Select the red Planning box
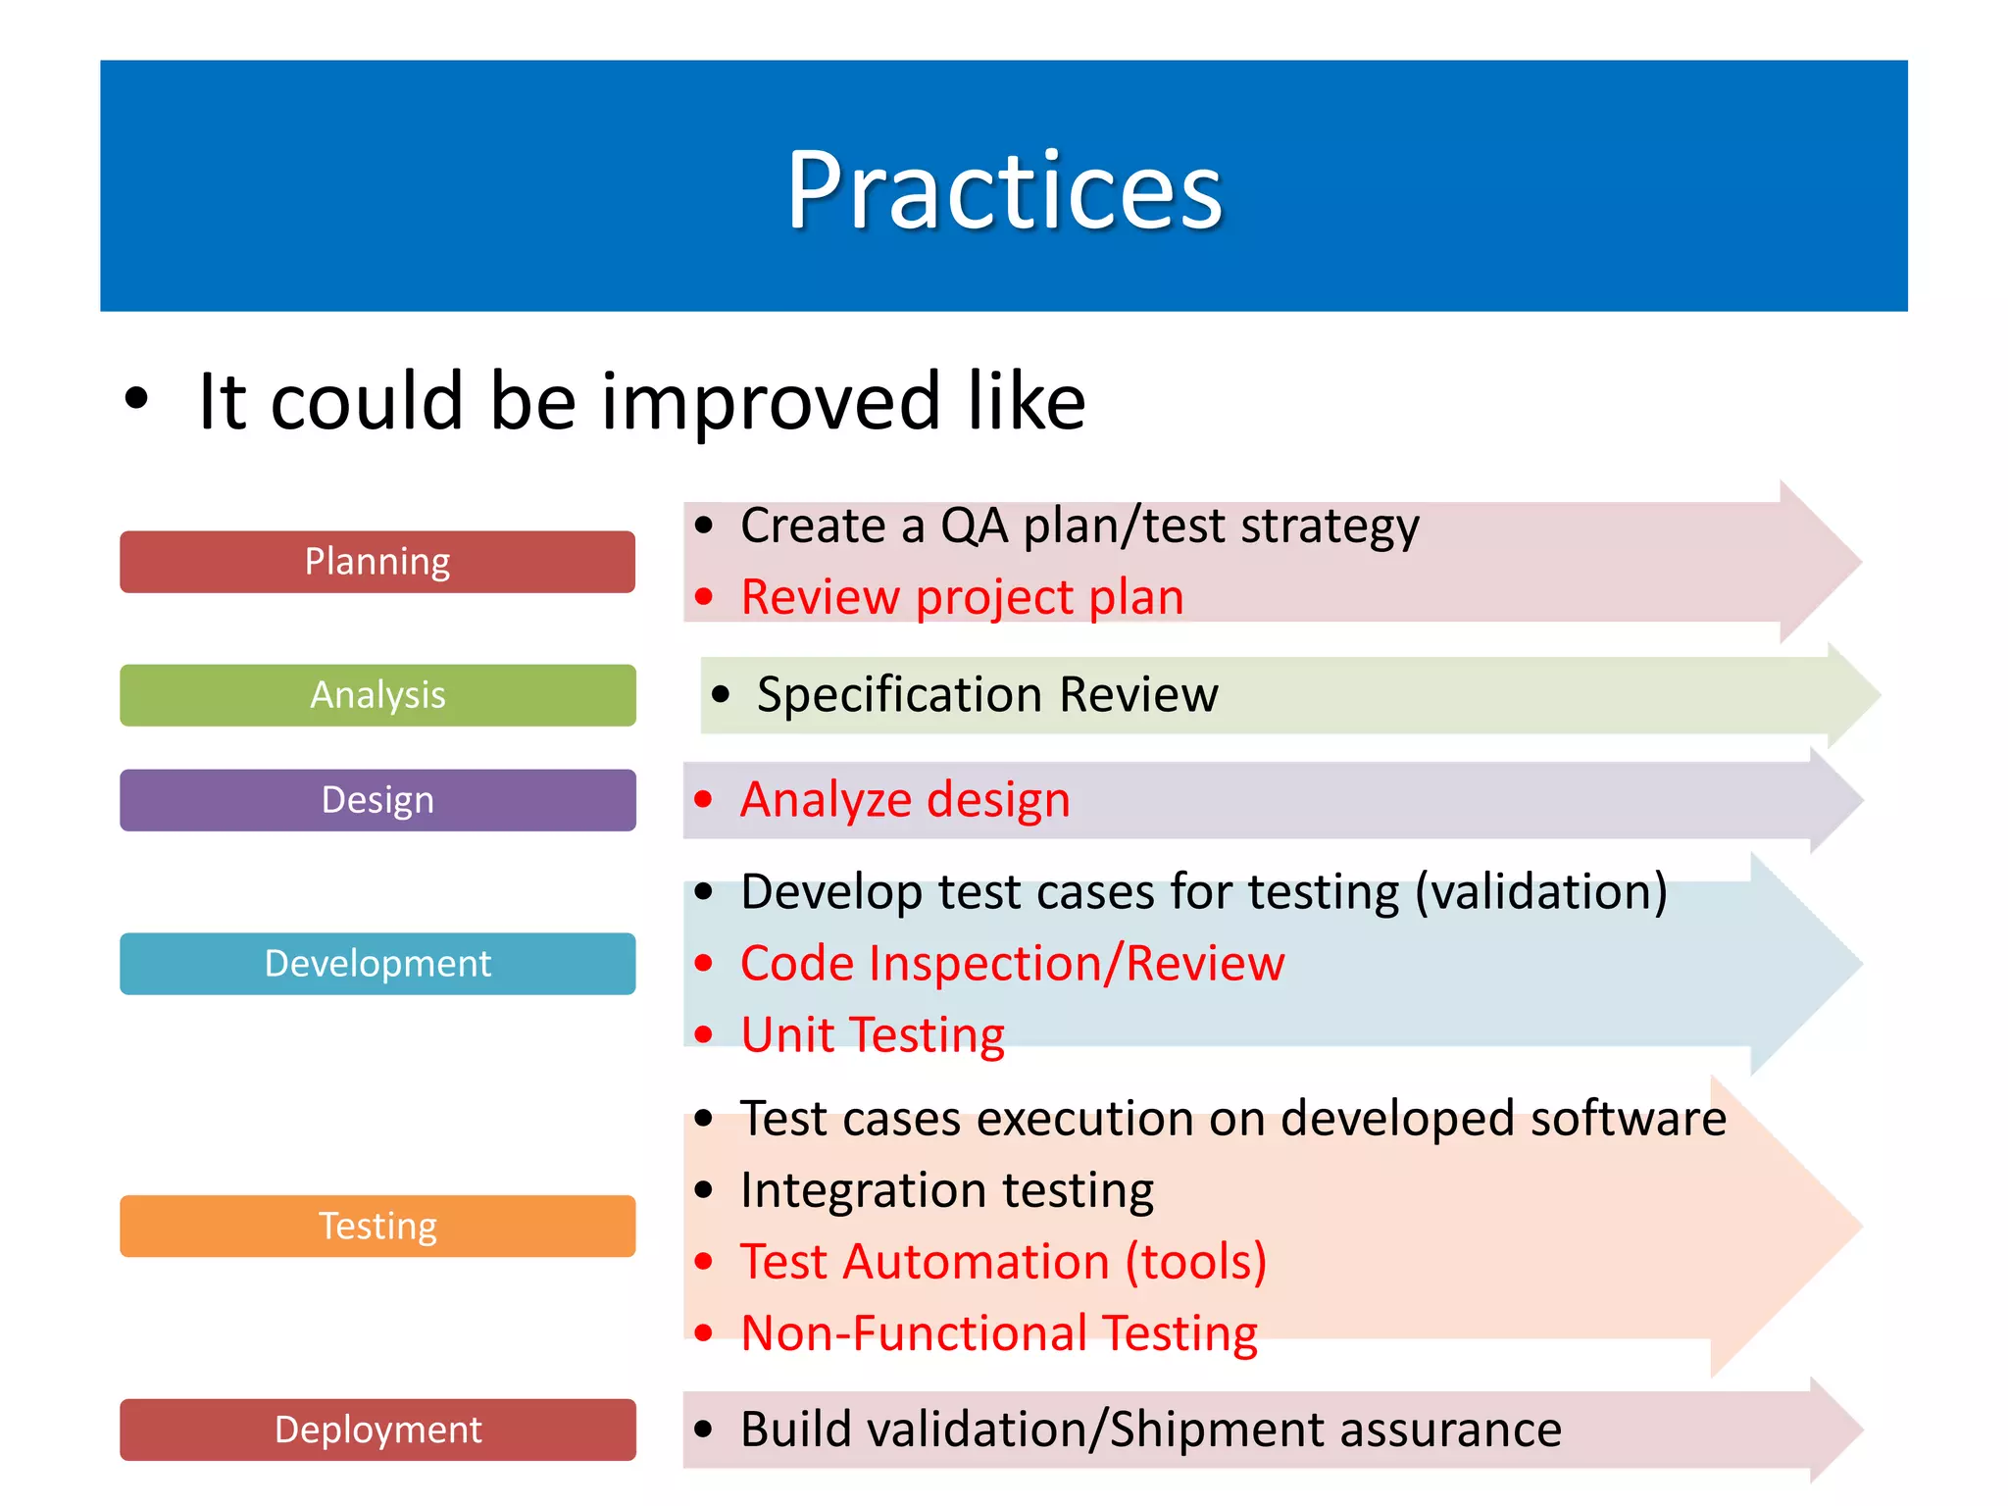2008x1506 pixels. coord(377,562)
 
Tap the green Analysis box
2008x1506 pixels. coord(377,695)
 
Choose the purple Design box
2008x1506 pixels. coord(377,800)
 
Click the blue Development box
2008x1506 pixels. coord(377,964)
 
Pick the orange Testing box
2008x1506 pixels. coord(377,1227)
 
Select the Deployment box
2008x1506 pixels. coord(377,1430)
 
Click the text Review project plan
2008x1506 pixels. coord(962,597)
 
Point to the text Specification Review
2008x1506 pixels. coord(987,695)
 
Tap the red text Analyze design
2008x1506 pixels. coord(904,800)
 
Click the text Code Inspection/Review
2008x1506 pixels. coord(1012,964)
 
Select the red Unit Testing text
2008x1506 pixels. coord(873,1035)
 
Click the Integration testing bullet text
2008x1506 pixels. coord(947,1190)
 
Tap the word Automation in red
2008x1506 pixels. coord(976,1262)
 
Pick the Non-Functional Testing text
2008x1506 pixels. coord(999,1333)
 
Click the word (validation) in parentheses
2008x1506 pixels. coord(1541,892)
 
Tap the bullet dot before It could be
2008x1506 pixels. coord(136,400)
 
